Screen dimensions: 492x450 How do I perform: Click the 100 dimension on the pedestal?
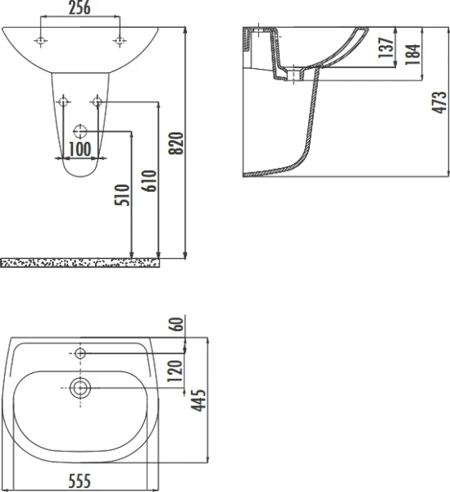tap(80, 148)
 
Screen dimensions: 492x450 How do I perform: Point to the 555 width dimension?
tap(80, 481)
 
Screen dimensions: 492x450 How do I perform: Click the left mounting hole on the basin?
tap(40, 39)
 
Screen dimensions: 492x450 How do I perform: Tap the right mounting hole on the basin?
tap(120, 39)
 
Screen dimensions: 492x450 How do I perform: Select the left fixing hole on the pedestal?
tap(62, 102)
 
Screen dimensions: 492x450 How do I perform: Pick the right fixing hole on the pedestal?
tap(98, 102)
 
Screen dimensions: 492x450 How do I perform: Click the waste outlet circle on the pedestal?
tap(80, 130)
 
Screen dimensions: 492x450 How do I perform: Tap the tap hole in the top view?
tap(80, 353)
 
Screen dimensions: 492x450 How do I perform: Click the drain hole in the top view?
tap(80, 389)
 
